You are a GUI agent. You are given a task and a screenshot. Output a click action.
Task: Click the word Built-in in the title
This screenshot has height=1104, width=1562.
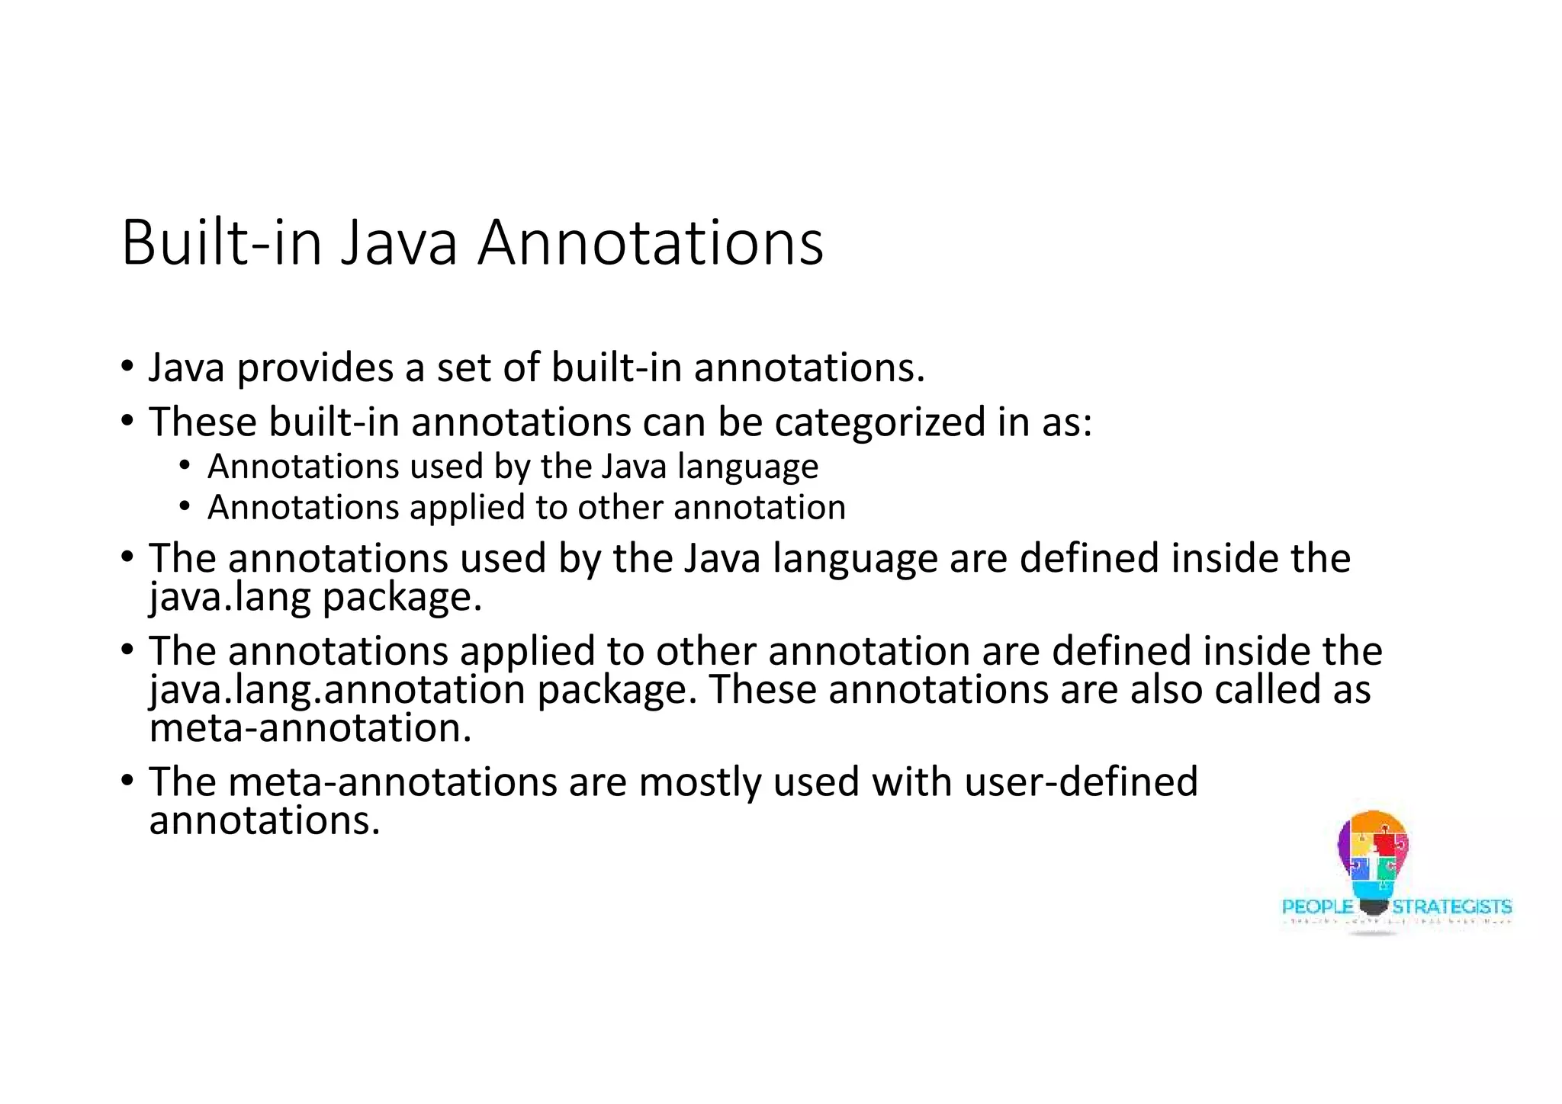coord(221,243)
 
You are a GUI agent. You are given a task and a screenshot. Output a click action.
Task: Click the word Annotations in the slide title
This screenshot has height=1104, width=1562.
coord(650,243)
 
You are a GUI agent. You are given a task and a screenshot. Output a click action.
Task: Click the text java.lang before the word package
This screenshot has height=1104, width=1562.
coord(230,597)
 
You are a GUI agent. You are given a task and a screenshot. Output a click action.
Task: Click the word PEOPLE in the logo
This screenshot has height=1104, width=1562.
coord(1317,907)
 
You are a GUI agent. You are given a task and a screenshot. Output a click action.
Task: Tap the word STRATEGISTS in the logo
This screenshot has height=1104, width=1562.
coord(1451,907)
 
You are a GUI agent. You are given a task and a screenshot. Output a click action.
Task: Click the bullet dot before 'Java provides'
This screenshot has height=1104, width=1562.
coord(127,367)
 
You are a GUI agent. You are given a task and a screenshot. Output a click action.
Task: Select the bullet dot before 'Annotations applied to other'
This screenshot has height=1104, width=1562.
coord(185,507)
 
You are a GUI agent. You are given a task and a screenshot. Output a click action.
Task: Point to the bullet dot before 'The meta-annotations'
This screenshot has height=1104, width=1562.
coord(127,781)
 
